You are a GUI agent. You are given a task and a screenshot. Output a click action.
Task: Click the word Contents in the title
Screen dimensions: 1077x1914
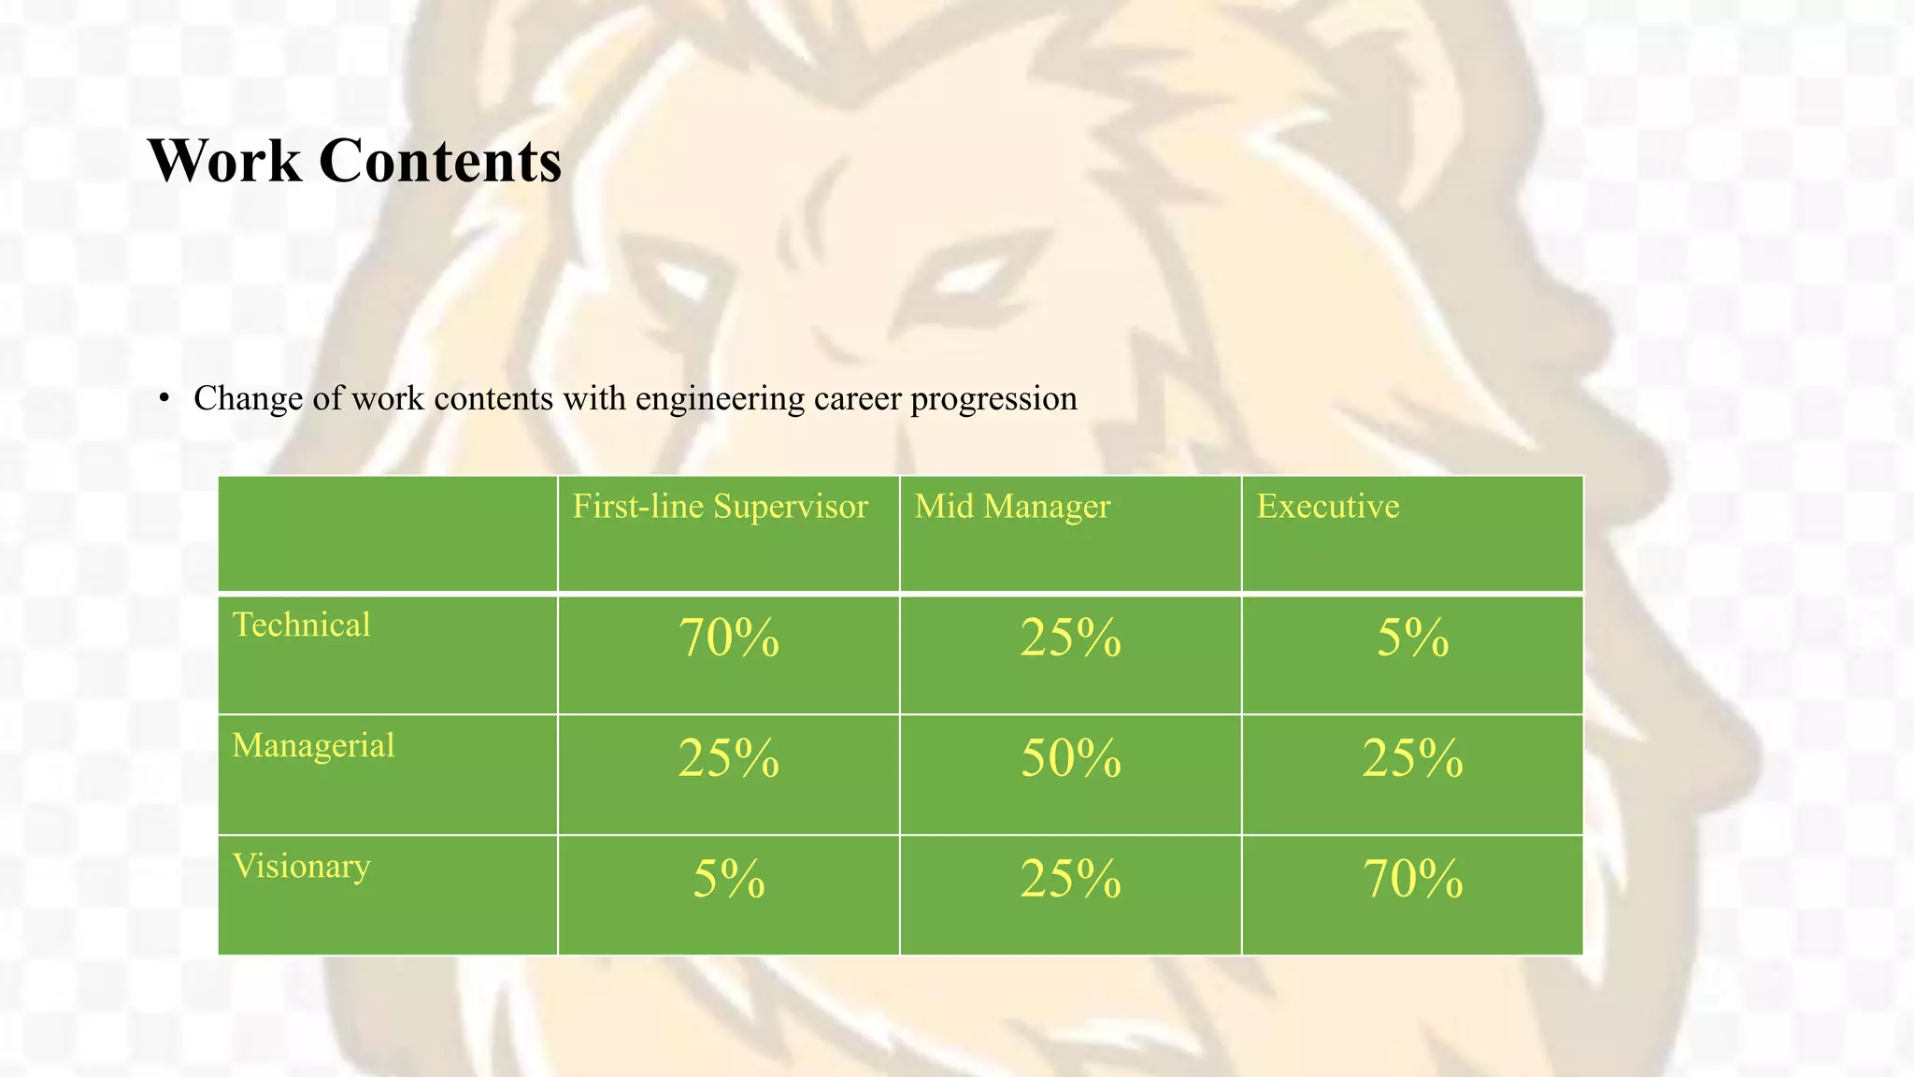(440, 161)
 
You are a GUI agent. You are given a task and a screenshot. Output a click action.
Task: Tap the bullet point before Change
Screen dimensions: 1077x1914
(164, 399)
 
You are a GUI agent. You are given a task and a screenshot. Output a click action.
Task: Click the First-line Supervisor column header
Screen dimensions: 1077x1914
(720, 507)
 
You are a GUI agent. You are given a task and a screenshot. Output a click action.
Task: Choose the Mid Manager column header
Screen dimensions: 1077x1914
(1012, 507)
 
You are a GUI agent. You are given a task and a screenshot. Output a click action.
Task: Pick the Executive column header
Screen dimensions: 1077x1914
(1327, 507)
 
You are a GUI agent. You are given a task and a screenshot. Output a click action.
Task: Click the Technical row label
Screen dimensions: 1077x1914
(301, 625)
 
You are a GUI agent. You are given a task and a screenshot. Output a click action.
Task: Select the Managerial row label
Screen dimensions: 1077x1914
(313, 745)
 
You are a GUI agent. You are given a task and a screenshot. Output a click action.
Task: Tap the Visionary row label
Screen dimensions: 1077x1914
(301, 866)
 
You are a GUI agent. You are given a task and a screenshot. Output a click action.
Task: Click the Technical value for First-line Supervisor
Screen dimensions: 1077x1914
(729, 639)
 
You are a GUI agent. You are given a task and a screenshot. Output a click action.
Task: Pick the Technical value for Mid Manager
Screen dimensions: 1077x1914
(1070, 639)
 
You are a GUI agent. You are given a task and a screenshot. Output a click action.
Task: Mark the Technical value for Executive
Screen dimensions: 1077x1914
(1412, 639)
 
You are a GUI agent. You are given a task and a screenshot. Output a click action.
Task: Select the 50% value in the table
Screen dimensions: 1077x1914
(1070, 758)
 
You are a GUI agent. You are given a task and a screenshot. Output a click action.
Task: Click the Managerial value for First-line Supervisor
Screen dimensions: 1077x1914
(729, 758)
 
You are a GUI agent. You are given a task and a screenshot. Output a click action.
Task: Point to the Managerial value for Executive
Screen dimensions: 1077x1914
(1412, 758)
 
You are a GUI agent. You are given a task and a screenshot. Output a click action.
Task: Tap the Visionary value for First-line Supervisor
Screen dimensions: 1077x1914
(729, 879)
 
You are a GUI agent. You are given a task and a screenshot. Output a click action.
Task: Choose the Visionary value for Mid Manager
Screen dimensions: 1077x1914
(1070, 879)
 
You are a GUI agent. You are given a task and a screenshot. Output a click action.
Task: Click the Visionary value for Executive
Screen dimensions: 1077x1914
(1412, 879)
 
